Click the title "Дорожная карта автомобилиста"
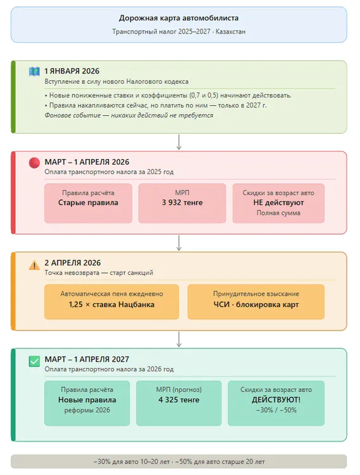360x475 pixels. tap(178, 18)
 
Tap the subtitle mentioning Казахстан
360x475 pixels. tap(178, 32)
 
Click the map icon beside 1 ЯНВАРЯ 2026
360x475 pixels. tap(34, 71)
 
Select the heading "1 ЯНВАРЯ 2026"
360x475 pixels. tap(71, 71)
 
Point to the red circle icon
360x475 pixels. tap(34, 162)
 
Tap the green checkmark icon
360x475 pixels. tap(34, 361)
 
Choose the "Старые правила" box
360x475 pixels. tap(88, 203)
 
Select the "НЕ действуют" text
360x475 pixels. tap(278, 203)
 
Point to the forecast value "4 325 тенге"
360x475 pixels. tap(180, 400)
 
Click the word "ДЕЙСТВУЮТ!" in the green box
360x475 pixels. tap(276, 400)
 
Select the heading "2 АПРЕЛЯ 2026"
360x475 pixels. tap(72, 262)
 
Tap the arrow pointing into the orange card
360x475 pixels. tap(179, 243)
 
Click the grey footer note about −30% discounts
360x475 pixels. tap(178, 461)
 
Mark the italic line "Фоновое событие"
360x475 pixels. tap(128, 115)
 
